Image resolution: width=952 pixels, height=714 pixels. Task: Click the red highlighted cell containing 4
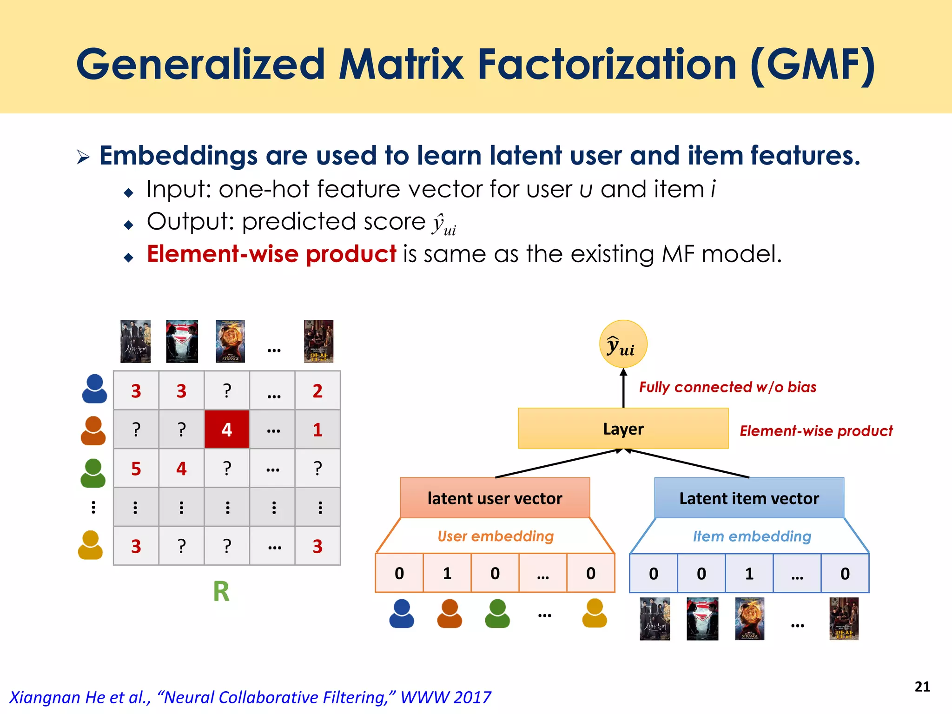point(227,429)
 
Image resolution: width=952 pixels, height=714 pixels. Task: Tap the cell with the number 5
point(136,469)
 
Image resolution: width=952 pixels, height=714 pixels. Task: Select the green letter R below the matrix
point(221,592)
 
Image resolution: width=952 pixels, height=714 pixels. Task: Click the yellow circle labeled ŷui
point(623,344)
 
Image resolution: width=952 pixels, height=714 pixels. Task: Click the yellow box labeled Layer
point(623,429)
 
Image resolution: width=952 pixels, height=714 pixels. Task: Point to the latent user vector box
point(495,498)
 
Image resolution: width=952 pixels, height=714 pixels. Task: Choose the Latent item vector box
point(749,498)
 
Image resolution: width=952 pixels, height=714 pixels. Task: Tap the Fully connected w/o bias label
point(727,387)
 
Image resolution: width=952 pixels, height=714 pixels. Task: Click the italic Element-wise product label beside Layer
point(816,431)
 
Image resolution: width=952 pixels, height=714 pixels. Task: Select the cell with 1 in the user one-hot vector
point(447,573)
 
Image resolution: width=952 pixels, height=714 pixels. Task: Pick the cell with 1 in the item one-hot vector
point(749,573)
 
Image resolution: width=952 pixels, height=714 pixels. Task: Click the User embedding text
point(496,536)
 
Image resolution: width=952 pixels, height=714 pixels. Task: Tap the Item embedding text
point(752,536)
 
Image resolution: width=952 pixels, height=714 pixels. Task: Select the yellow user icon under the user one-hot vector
point(595,613)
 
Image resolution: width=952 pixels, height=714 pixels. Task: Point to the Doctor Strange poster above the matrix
point(230,341)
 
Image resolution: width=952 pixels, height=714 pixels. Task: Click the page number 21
point(922,687)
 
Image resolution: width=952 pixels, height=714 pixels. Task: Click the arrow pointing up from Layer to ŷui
point(623,388)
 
